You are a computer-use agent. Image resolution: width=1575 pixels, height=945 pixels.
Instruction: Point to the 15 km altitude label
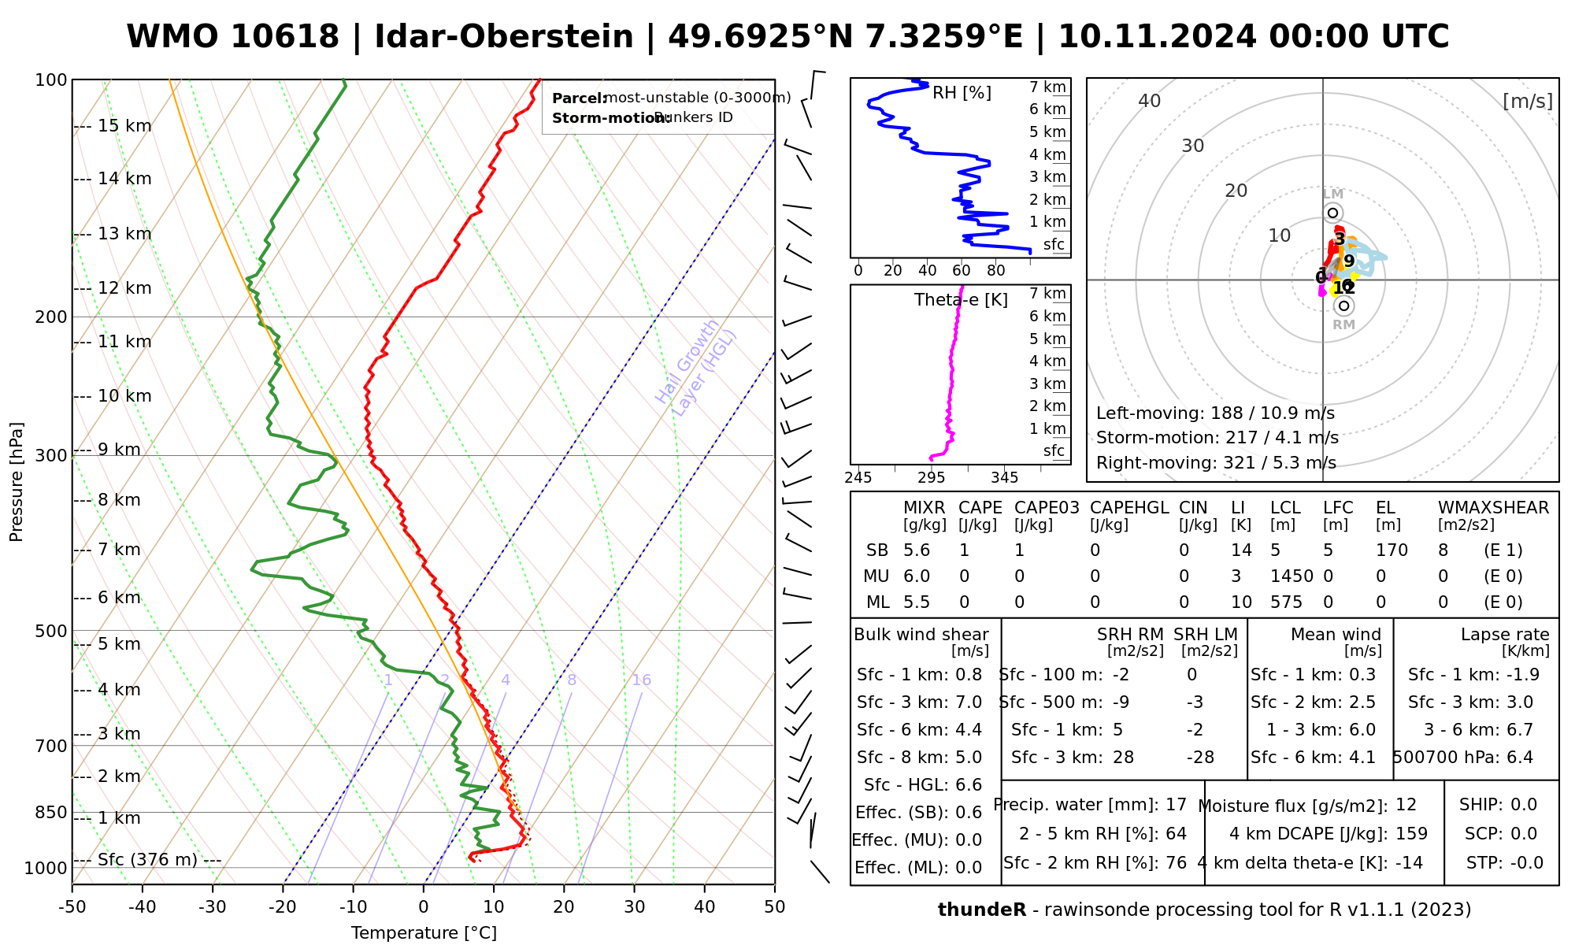pos(124,126)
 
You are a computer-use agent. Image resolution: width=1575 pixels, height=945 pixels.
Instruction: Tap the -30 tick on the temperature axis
pos(213,907)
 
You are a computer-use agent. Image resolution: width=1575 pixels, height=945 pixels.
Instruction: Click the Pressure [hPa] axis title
pos(17,482)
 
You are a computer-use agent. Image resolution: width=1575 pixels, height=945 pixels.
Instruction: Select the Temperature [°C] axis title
pos(424,933)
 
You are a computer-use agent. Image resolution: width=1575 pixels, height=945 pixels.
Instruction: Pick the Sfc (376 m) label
pos(147,859)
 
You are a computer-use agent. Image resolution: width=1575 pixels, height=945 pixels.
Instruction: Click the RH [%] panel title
pos(962,93)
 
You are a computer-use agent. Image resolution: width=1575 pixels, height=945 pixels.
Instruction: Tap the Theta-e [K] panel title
pos(961,300)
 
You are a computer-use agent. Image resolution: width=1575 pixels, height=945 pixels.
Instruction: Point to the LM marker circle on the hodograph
pos(1332,213)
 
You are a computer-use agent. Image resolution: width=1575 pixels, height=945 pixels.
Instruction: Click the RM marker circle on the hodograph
pos(1343,306)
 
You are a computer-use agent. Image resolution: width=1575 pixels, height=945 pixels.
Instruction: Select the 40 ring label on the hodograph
pos(1150,101)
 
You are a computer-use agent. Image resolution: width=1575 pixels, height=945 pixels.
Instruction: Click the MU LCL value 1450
pos(1291,576)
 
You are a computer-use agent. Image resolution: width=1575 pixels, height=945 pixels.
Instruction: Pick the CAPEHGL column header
pos(1129,508)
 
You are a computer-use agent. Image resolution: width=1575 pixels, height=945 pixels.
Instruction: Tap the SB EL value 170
pos(1392,550)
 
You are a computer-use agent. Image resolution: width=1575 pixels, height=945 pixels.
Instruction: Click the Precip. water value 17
pos(1176,805)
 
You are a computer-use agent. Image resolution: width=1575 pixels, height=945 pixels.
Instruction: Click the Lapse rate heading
pos(1505,635)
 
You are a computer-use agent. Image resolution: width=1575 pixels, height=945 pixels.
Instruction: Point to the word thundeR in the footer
pos(982,910)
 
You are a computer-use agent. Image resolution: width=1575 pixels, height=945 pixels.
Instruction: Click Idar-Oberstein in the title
pos(504,37)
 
